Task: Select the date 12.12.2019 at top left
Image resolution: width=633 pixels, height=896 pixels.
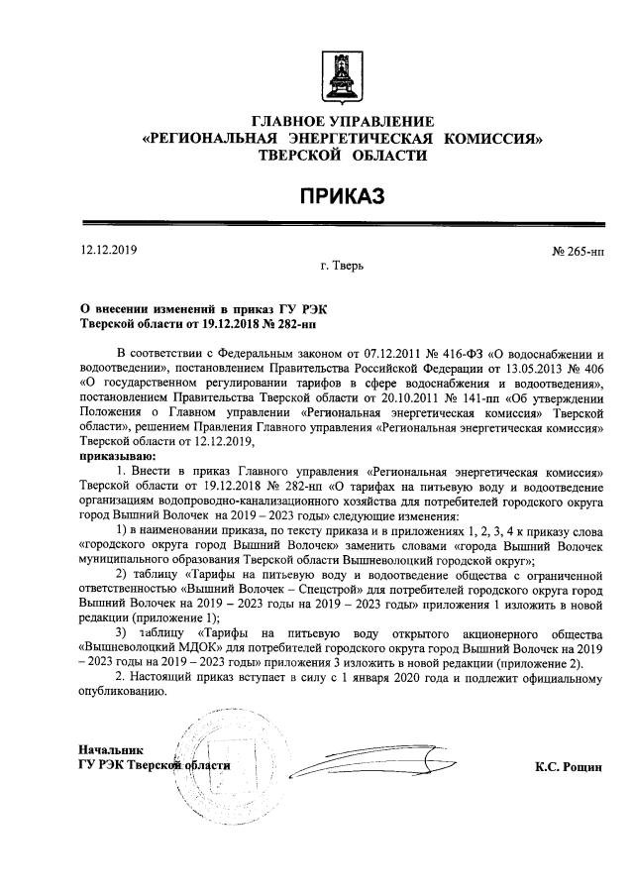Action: pos(108,252)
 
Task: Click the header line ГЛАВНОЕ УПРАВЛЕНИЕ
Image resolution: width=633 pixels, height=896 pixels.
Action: pos(343,120)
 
